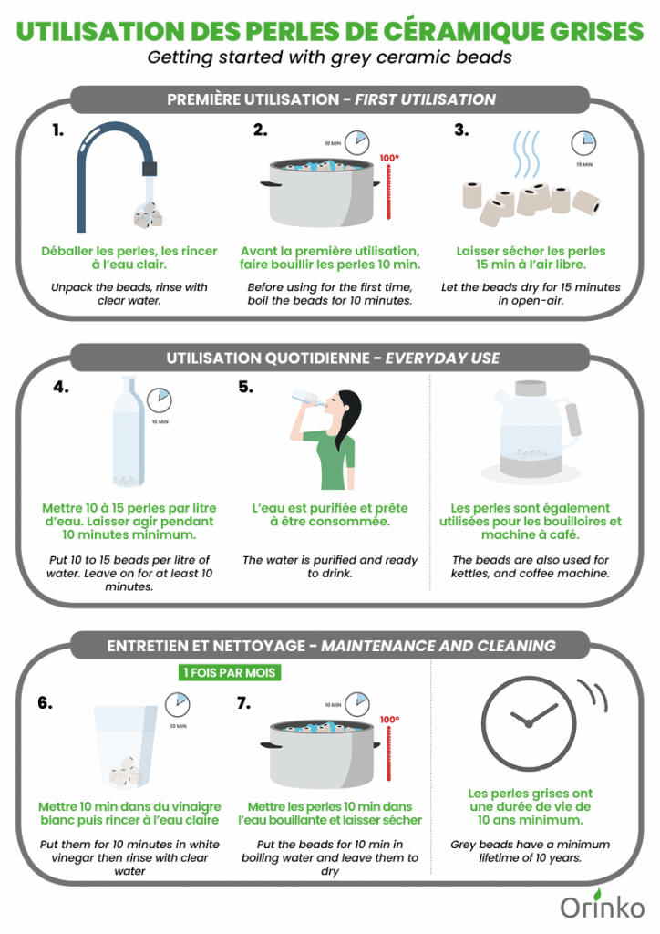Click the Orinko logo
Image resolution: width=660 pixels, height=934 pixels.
click(x=603, y=906)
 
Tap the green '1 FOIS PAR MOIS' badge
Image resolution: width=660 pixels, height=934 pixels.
click(x=230, y=672)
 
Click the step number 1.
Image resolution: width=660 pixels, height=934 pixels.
click(x=57, y=130)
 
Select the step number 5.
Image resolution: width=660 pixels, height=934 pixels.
click(x=246, y=387)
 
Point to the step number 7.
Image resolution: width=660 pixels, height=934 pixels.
click(x=244, y=703)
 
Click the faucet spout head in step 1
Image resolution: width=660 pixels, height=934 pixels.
click(x=150, y=168)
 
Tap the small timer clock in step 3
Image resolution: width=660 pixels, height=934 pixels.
click(x=583, y=143)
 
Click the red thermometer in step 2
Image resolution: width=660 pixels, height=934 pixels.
click(x=388, y=192)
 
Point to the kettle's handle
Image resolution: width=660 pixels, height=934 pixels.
click(x=573, y=419)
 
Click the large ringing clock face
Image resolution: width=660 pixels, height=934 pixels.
click(x=529, y=722)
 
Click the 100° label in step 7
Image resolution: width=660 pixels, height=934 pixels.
click(x=389, y=720)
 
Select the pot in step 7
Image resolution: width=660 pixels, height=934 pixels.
click(x=321, y=754)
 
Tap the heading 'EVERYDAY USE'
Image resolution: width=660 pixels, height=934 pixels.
click(x=443, y=358)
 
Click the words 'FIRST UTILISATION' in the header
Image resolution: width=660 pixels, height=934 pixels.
click(x=426, y=99)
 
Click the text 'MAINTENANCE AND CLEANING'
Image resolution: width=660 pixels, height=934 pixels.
click(x=438, y=646)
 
